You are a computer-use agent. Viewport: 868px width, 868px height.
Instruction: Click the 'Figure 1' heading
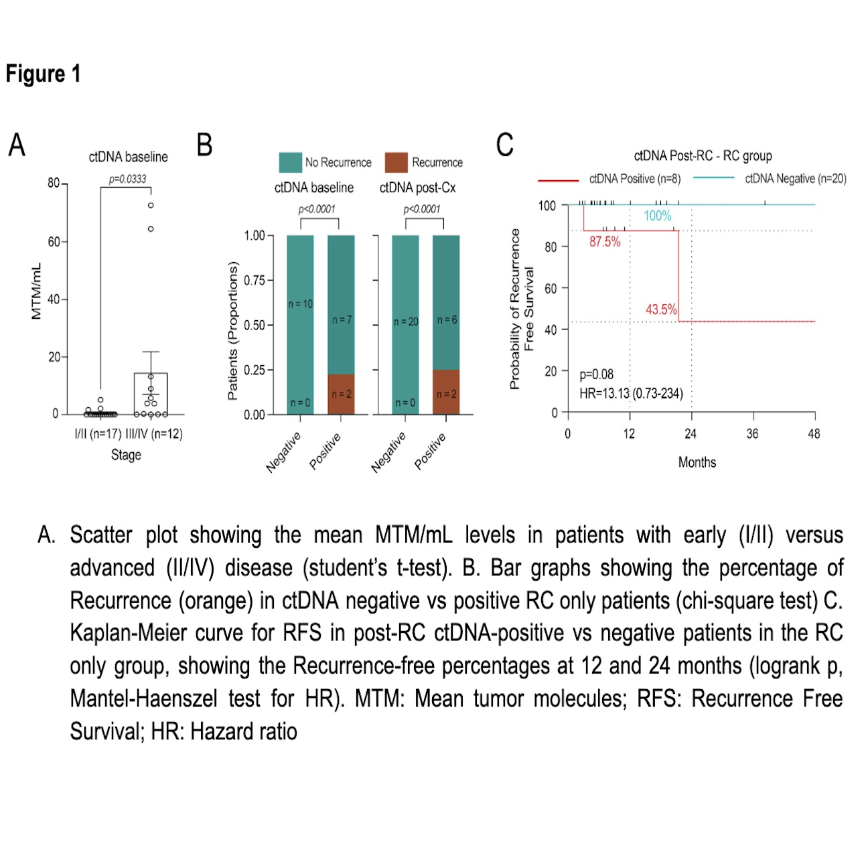pos(43,74)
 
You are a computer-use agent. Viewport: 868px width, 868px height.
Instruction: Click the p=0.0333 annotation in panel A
pos(127,179)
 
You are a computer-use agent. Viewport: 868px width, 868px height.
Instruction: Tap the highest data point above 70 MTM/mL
pos(151,206)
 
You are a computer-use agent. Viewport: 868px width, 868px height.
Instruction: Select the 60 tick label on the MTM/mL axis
pos(54,242)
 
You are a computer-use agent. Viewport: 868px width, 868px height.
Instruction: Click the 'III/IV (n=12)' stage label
pos(154,434)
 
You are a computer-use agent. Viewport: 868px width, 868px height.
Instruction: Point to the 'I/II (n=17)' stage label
pos(98,434)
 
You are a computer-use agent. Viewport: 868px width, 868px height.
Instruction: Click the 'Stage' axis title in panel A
pos(126,455)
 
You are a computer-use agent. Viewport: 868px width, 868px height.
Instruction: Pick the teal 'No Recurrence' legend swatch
pos(290,162)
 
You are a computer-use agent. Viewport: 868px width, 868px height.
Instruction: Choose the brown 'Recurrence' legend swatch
pos(396,162)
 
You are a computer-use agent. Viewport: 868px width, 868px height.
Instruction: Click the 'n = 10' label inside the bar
pos(300,304)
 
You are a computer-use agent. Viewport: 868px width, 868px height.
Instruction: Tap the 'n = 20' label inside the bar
pos(405,322)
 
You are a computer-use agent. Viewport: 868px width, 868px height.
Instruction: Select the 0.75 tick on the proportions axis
pos(255,281)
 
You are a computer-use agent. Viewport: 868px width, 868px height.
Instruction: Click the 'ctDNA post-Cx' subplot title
pos(417,188)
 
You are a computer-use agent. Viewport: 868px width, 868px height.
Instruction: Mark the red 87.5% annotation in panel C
pos(605,242)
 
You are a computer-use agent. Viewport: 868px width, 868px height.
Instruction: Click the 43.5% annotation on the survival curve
pos(661,309)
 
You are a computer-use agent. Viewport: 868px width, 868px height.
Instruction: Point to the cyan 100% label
pos(657,216)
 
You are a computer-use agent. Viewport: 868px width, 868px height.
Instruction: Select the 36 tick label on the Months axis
pos(752,434)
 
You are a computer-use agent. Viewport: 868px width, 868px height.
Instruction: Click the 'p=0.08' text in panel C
pos(596,374)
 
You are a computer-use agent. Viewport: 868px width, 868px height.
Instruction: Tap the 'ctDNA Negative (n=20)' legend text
pos(796,179)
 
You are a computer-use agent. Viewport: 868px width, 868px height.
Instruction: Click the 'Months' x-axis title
pos(697,463)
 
